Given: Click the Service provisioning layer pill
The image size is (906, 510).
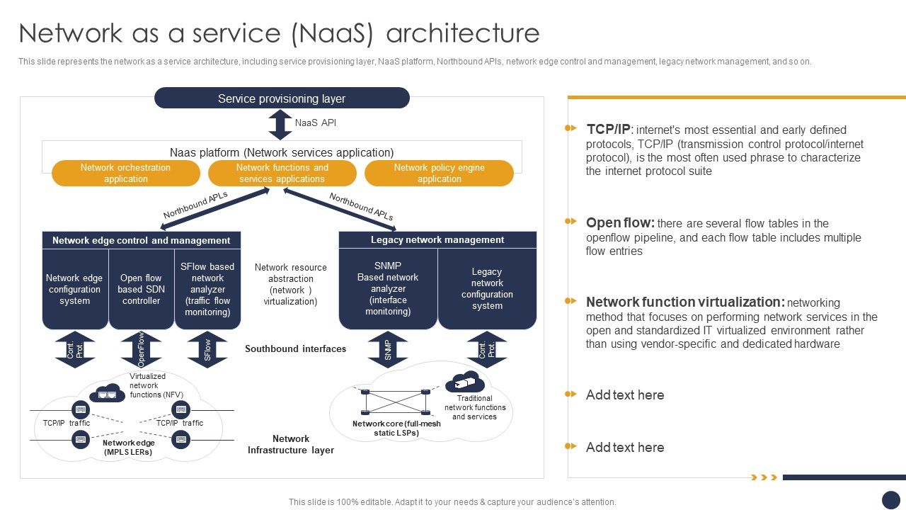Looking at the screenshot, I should [282, 98].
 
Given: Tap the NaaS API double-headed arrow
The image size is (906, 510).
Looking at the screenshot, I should [280, 125].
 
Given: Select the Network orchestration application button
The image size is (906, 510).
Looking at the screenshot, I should [126, 174].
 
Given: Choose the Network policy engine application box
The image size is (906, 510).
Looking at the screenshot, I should [439, 174].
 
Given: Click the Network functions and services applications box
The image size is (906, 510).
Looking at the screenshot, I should [282, 174].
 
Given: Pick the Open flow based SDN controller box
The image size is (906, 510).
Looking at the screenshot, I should [141, 289].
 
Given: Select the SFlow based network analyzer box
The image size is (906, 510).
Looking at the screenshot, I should [207, 289].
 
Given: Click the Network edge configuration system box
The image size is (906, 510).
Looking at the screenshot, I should [74, 289].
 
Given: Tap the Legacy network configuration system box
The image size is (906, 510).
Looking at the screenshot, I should [487, 289].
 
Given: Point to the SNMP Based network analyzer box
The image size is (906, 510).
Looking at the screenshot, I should [388, 289].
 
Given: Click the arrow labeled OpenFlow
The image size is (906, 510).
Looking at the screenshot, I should [141, 349].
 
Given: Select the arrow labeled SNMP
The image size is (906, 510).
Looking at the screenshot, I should [388, 349].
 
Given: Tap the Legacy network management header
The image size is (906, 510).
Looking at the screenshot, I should [437, 240].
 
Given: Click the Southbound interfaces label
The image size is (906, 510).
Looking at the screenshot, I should [295, 348].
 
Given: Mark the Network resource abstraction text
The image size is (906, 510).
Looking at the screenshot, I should [290, 284].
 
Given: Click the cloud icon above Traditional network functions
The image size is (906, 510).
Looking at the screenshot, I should [464, 382].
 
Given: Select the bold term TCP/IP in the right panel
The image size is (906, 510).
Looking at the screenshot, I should [607, 130].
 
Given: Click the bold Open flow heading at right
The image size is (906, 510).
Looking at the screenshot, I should [620, 223].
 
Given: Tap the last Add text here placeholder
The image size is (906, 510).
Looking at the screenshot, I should [624, 447].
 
